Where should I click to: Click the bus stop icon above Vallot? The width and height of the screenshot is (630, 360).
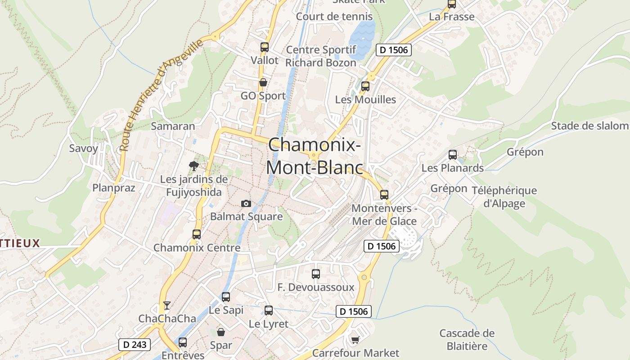(264, 47)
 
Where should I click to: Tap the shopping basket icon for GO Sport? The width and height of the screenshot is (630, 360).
(263, 82)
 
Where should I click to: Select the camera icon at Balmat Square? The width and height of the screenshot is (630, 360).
(246, 203)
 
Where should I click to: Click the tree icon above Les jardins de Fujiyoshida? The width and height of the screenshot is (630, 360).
(194, 166)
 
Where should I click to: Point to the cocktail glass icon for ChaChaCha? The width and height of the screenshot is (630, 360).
(167, 306)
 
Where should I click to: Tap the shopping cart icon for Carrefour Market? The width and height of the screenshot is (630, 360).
(355, 339)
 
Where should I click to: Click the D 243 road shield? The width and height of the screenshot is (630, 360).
(134, 345)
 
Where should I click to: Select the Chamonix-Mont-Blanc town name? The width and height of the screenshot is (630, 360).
(315, 156)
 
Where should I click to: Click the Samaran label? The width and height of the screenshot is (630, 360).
(173, 126)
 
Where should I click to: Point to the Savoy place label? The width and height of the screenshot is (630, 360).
(83, 148)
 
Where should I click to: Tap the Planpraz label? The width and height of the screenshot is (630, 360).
(113, 188)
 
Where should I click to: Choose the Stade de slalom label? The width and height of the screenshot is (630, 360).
(589, 126)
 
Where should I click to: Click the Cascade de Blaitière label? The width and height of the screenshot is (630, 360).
(467, 340)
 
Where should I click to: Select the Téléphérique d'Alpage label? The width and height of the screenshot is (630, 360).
(504, 197)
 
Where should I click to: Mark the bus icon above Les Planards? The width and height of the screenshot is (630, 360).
(452, 155)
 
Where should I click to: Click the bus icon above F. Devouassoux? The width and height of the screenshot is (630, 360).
(315, 274)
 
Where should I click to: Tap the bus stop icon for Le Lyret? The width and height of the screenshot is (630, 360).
(268, 310)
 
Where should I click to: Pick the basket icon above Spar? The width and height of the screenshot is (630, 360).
(221, 332)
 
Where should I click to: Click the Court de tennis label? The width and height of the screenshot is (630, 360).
(334, 17)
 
